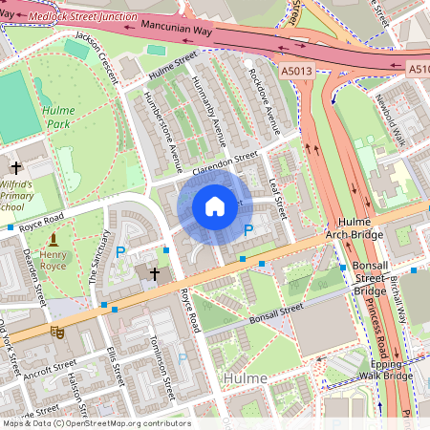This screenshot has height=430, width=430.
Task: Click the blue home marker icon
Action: (215, 206)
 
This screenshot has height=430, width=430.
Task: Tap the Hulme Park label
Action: (58, 117)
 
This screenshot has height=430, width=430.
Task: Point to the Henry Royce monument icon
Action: (54, 238)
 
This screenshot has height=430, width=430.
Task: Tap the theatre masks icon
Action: (56, 332)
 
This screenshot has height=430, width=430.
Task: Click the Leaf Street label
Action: (280, 190)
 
